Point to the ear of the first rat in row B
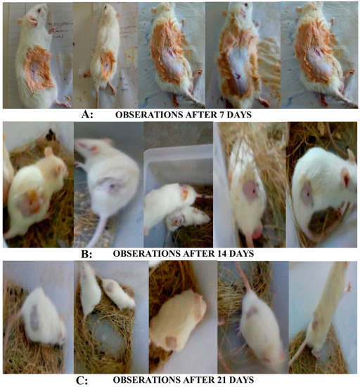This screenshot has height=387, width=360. coord(47,151)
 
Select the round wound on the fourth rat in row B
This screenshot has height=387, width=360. coord(250,189)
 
